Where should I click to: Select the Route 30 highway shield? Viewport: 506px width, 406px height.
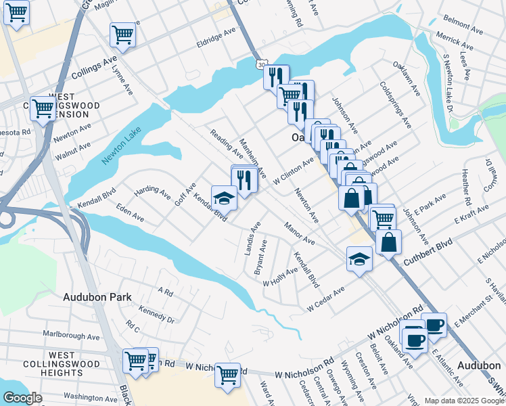(x=261, y=64)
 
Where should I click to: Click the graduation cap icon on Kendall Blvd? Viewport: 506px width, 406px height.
(x=224, y=198)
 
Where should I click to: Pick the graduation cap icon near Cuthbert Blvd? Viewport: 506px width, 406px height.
(x=360, y=258)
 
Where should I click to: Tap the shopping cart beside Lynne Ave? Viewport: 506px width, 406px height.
(x=122, y=35)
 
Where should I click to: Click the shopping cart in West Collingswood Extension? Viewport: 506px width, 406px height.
(x=43, y=108)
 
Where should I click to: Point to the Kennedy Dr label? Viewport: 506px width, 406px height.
(x=156, y=313)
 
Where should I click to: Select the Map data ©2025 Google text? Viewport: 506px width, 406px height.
(x=464, y=401)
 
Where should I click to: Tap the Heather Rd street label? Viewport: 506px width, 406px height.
(x=465, y=188)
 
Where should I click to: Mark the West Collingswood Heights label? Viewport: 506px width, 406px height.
(x=62, y=364)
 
